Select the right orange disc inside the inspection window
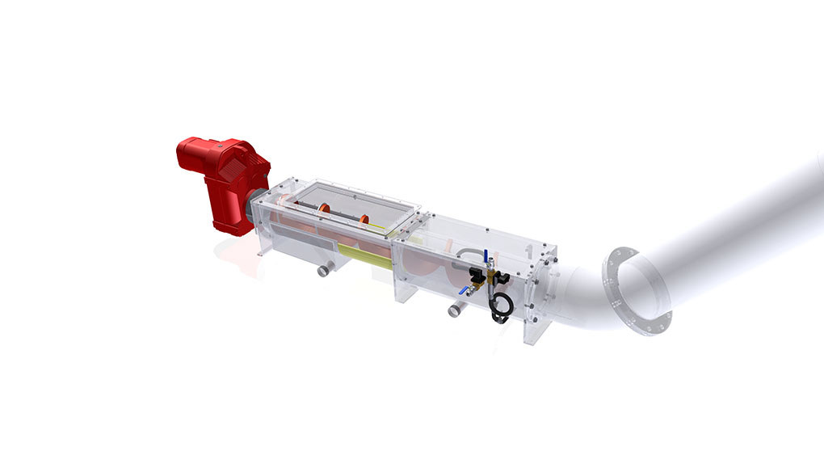364,220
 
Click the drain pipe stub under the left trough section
325,269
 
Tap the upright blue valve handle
486,257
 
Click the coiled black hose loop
501,308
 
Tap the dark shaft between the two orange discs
344,215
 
